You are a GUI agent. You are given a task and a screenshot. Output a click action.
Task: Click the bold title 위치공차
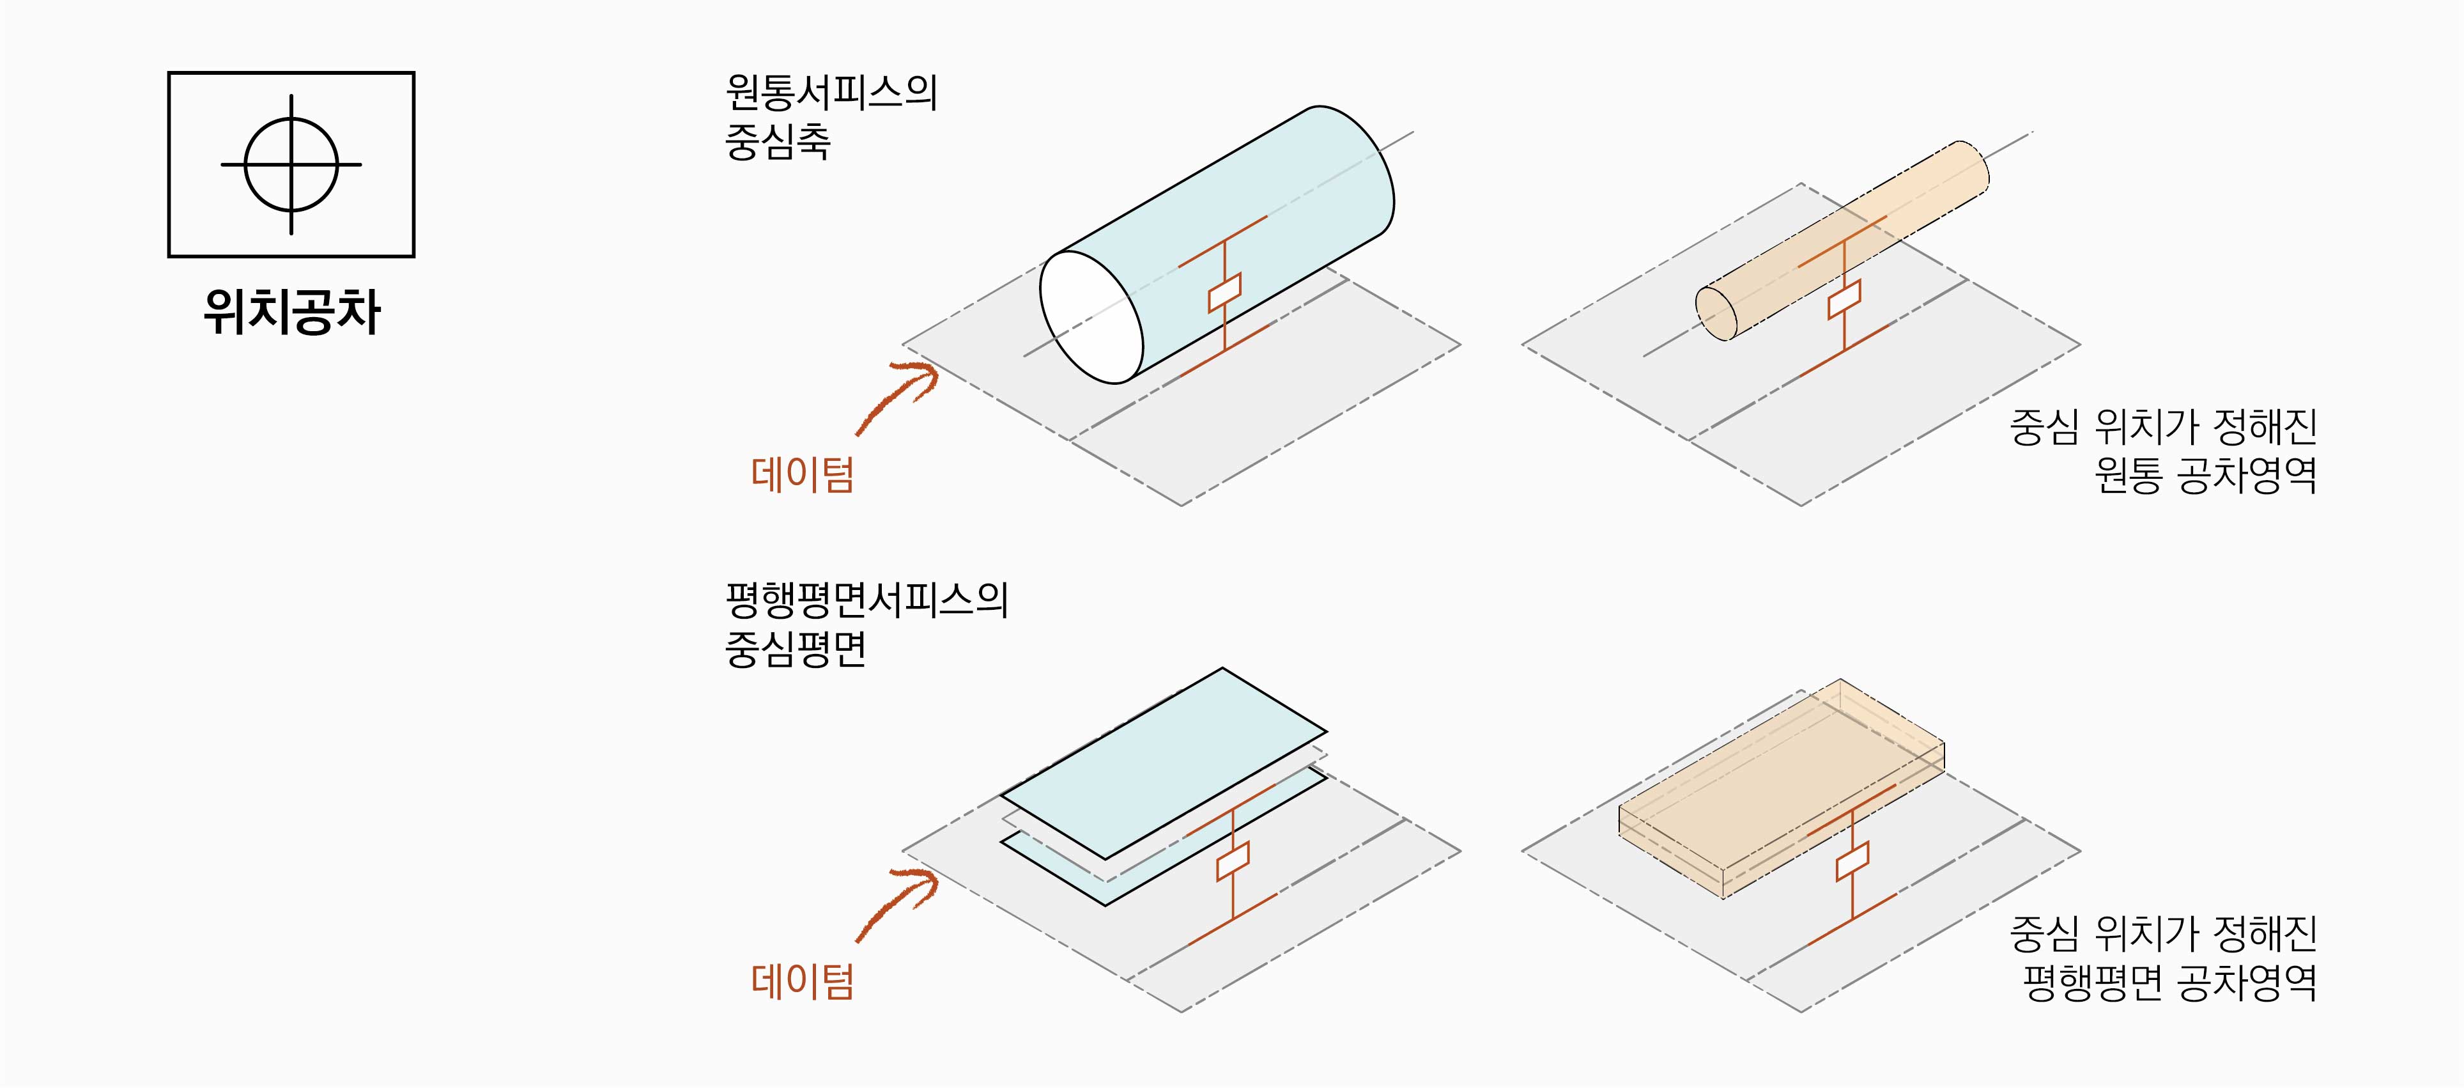click(292, 312)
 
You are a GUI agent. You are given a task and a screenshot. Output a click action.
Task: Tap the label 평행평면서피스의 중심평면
click(866, 624)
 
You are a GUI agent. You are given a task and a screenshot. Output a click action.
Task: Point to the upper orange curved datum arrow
click(897, 395)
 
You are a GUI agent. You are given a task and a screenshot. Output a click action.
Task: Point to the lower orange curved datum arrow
click(897, 903)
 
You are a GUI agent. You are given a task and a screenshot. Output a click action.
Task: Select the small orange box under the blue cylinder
click(1224, 292)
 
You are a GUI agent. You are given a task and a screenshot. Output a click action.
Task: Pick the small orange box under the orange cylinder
click(1844, 300)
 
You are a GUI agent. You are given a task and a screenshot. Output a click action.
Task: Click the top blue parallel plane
click(1163, 763)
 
